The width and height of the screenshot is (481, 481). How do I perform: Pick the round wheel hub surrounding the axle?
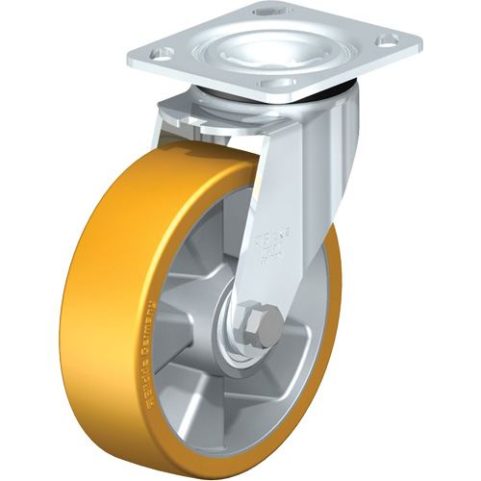coord(231,332)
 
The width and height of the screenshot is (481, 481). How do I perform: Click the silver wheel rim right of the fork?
coord(322,317)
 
